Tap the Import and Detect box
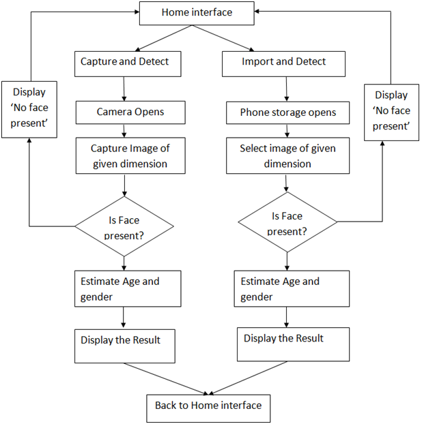[283, 63]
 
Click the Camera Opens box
[130, 112]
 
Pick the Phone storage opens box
[287, 112]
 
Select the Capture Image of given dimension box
[129, 155]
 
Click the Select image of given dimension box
[287, 156]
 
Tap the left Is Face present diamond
[124, 228]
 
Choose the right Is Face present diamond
[287, 223]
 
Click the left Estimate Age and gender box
[128, 288]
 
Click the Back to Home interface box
[208, 407]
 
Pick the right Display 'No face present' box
[391, 111]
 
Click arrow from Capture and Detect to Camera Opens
[124, 89]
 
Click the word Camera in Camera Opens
[113, 112]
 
